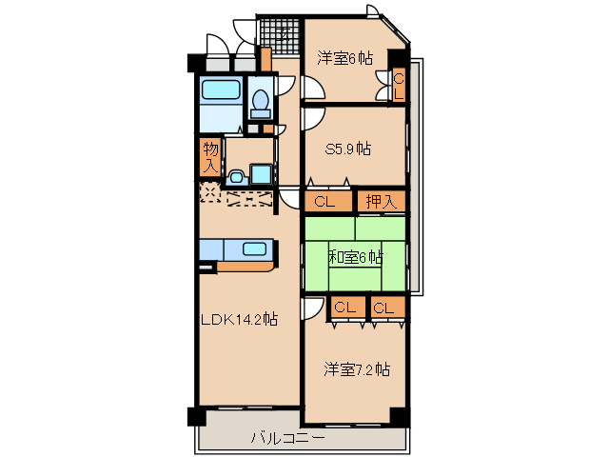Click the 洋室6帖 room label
(x=344, y=57)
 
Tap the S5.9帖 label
(x=347, y=149)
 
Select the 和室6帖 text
(x=356, y=257)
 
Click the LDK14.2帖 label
(x=238, y=321)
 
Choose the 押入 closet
(x=381, y=201)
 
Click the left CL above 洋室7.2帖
(x=344, y=308)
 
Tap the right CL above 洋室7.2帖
(x=383, y=308)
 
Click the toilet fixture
(x=260, y=100)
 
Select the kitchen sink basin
(x=255, y=249)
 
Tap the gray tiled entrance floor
(x=282, y=40)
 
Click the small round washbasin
(x=236, y=176)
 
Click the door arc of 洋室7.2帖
(x=312, y=309)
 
